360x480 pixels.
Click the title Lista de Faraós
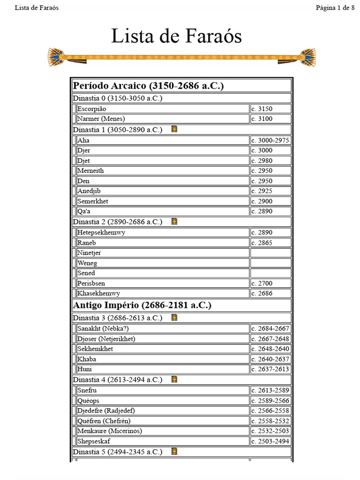[x=176, y=36]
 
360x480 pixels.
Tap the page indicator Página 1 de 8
[x=335, y=7]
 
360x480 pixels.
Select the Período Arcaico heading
[x=148, y=86]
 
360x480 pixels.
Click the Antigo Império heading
[x=142, y=305]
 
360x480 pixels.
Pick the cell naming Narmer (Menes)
[x=101, y=119]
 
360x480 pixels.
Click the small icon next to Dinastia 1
[x=174, y=129]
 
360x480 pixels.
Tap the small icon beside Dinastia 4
[x=174, y=379]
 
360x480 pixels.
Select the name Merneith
[x=90, y=171]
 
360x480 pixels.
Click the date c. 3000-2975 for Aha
[x=270, y=140]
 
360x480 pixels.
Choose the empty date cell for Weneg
[x=270, y=263]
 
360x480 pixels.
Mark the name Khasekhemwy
[x=98, y=293]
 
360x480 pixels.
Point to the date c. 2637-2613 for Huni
[x=270, y=369]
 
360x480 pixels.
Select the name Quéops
[x=88, y=400]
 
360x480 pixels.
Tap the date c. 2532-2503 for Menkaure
[x=270, y=431]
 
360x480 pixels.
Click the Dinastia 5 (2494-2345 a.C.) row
[x=117, y=452]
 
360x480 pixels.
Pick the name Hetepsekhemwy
[x=101, y=232]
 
